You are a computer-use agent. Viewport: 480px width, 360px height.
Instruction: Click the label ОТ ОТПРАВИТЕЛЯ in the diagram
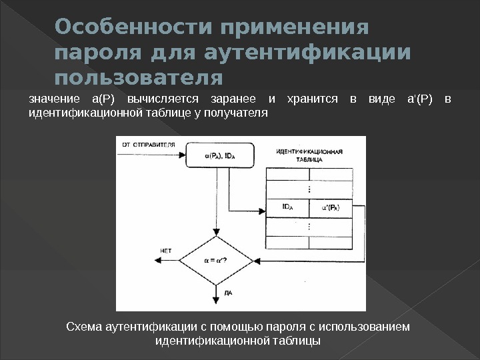click(x=148, y=145)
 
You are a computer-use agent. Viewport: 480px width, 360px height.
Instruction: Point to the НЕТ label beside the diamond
click(x=167, y=251)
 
